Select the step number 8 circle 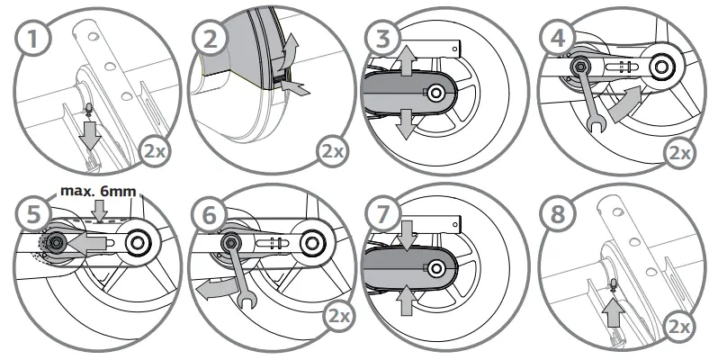[x=558, y=213]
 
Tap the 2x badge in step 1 [x=155, y=149]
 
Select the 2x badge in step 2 [x=334, y=149]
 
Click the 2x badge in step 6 [x=334, y=318]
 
